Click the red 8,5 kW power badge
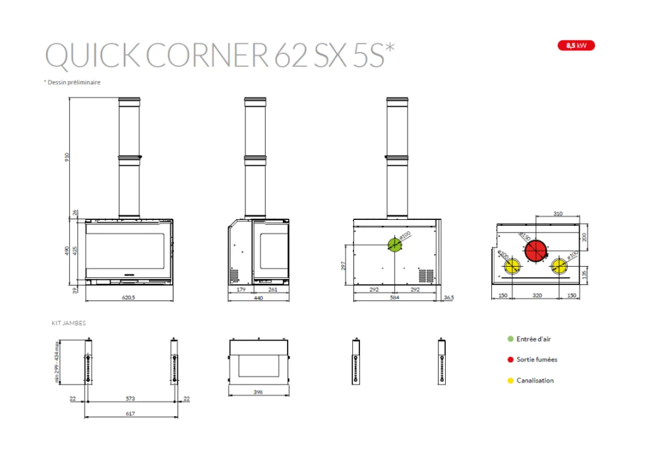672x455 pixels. tap(576, 45)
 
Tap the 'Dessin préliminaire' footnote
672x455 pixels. tap(72, 82)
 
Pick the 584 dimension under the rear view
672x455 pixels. tap(396, 298)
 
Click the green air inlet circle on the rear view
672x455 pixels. tap(395, 245)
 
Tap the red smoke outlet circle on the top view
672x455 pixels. tap(535, 250)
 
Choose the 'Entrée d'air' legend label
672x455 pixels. tap(534, 339)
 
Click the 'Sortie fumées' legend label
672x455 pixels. tap(536, 360)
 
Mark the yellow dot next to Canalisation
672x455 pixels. tap(510, 381)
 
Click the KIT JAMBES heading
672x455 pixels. tap(69, 323)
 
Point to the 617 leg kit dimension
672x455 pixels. tap(130, 413)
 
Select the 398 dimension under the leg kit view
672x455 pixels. tap(258, 392)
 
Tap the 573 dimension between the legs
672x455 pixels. tap(130, 398)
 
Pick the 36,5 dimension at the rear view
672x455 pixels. tap(449, 298)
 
